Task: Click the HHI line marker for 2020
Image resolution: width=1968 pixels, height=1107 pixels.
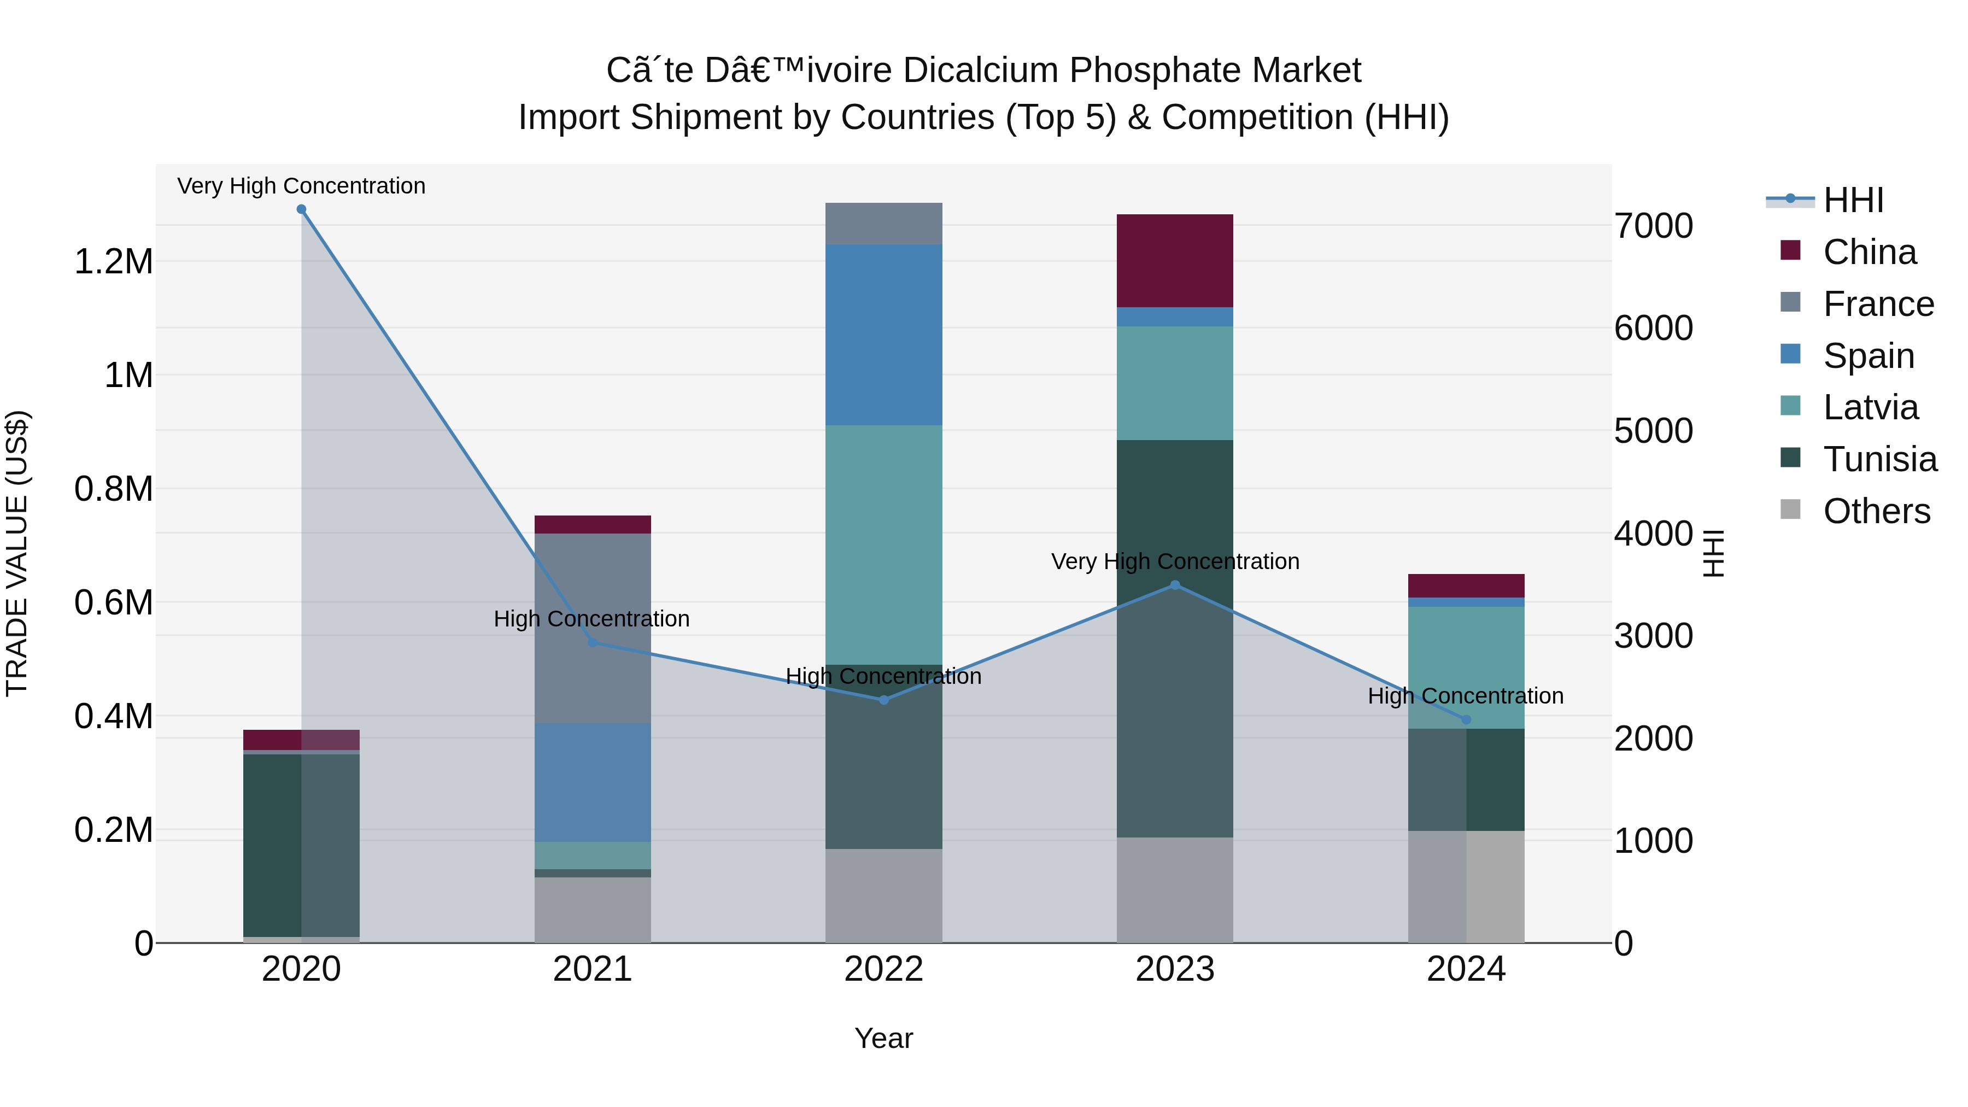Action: (x=301, y=209)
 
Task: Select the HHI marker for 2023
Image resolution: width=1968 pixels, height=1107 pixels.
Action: (x=1175, y=585)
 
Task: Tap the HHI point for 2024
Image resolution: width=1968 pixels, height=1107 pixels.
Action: (x=1466, y=719)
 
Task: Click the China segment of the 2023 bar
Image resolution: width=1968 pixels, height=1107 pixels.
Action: (x=1175, y=261)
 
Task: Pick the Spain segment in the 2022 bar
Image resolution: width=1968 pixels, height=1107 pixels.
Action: (x=884, y=335)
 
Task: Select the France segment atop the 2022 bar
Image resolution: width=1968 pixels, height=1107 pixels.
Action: (x=884, y=224)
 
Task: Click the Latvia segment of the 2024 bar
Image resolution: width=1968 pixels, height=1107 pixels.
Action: (x=1466, y=667)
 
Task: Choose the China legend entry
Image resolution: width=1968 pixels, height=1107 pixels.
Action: (x=1870, y=252)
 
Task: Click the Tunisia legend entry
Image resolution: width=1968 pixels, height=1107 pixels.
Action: (x=1879, y=459)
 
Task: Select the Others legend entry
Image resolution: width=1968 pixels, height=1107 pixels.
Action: (x=1876, y=511)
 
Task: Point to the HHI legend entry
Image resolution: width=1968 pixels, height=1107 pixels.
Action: (x=1853, y=200)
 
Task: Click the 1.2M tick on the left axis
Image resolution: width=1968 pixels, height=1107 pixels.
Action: (x=114, y=262)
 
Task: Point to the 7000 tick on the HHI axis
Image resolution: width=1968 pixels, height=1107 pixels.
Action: (x=1653, y=226)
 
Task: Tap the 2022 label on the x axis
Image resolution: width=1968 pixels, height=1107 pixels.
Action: (x=884, y=969)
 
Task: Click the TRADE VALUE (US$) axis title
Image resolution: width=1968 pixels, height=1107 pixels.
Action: (x=17, y=553)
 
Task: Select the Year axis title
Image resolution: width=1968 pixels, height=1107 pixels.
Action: (x=884, y=1038)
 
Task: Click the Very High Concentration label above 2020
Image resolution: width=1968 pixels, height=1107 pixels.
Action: (x=301, y=186)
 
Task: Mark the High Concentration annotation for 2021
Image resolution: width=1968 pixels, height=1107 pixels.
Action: (x=591, y=619)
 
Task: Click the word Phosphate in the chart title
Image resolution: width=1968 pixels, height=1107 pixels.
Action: (x=1153, y=71)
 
